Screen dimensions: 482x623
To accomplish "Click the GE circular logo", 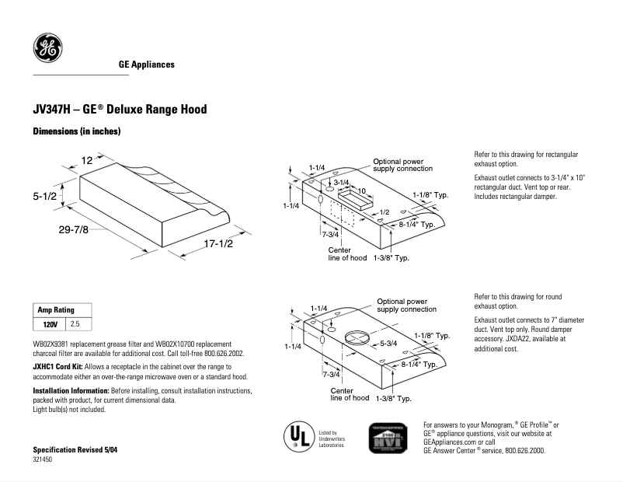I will coord(47,48).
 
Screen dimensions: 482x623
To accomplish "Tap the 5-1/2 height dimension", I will coord(45,197).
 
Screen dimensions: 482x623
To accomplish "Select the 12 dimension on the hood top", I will coord(87,160).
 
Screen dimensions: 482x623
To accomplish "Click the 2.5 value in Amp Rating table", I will coord(75,323).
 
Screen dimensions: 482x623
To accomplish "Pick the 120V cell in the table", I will coord(50,323).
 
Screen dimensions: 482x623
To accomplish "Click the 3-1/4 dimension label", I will coord(342,181).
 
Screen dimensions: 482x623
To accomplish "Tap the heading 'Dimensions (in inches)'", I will coord(76,132).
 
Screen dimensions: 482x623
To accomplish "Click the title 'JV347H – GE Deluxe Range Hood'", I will coord(120,110).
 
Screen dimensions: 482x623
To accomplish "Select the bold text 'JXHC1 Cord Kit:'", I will coord(57,365).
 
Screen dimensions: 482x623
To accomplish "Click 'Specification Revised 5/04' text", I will coord(75,450).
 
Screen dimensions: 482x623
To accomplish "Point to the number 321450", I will coord(43,460).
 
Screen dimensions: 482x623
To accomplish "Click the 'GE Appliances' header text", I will coord(146,65).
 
